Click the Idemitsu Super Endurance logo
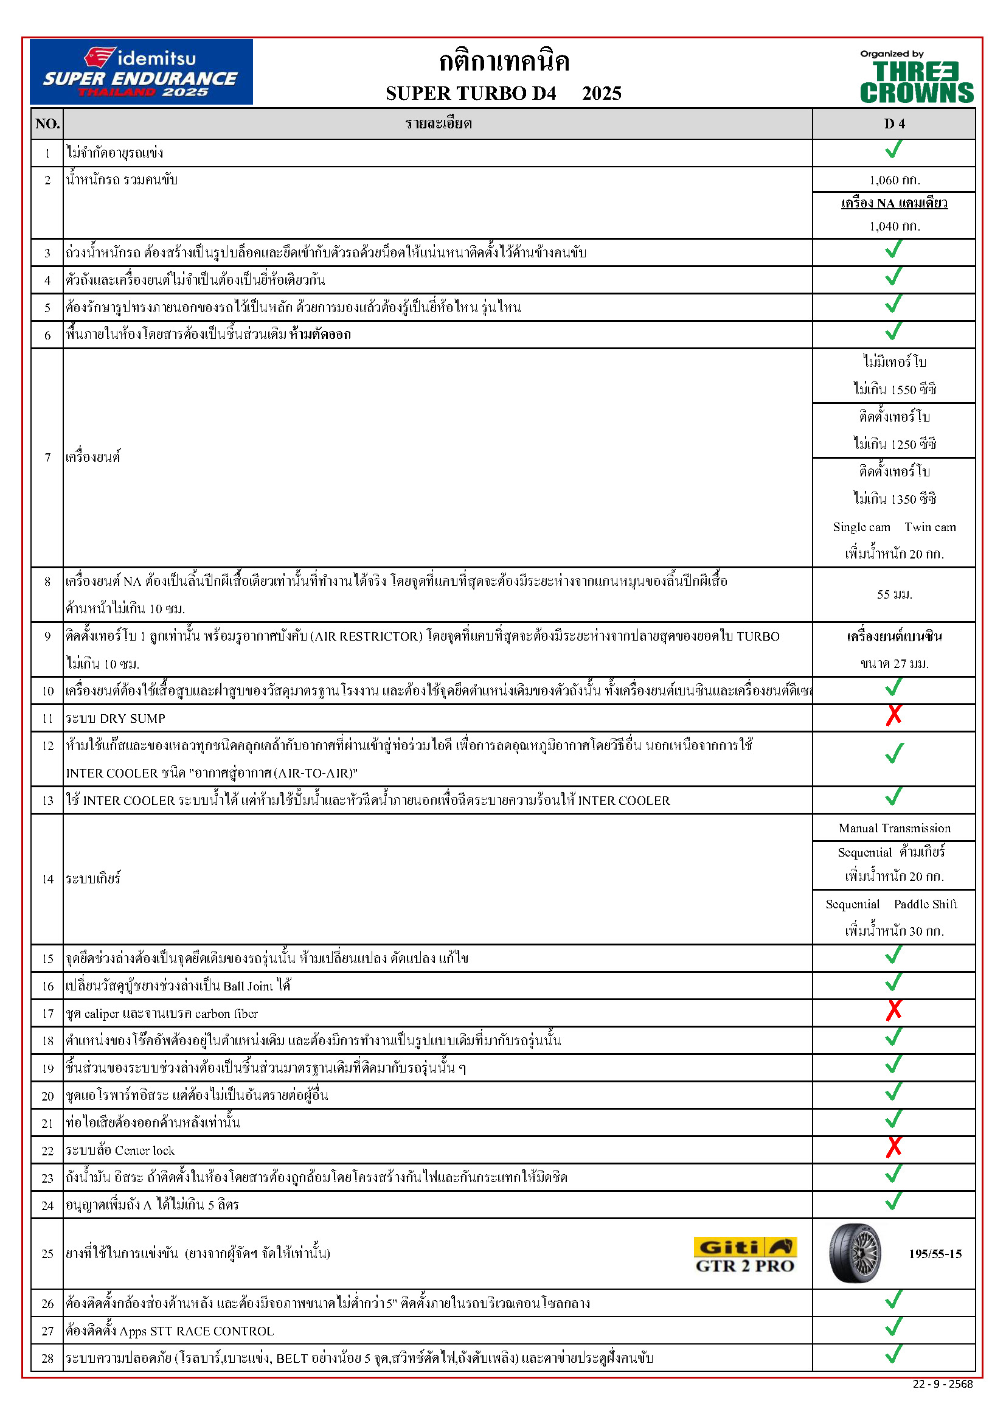pos(141,72)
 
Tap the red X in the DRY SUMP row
pos(893,715)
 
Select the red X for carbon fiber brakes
pos(893,1011)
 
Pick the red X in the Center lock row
pos(893,1147)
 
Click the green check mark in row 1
pos(893,150)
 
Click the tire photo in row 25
pos(855,1253)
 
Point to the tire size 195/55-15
pos(935,1254)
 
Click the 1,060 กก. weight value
pos(895,180)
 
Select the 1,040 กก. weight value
pos(895,226)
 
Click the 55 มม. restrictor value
pos(895,594)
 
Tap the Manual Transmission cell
pos(895,828)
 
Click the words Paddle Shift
pos(925,904)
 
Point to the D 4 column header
pos(894,124)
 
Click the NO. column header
pos(47,124)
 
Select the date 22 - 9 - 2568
pos(942,1384)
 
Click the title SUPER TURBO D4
pos(471,94)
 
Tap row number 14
pos(47,879)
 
